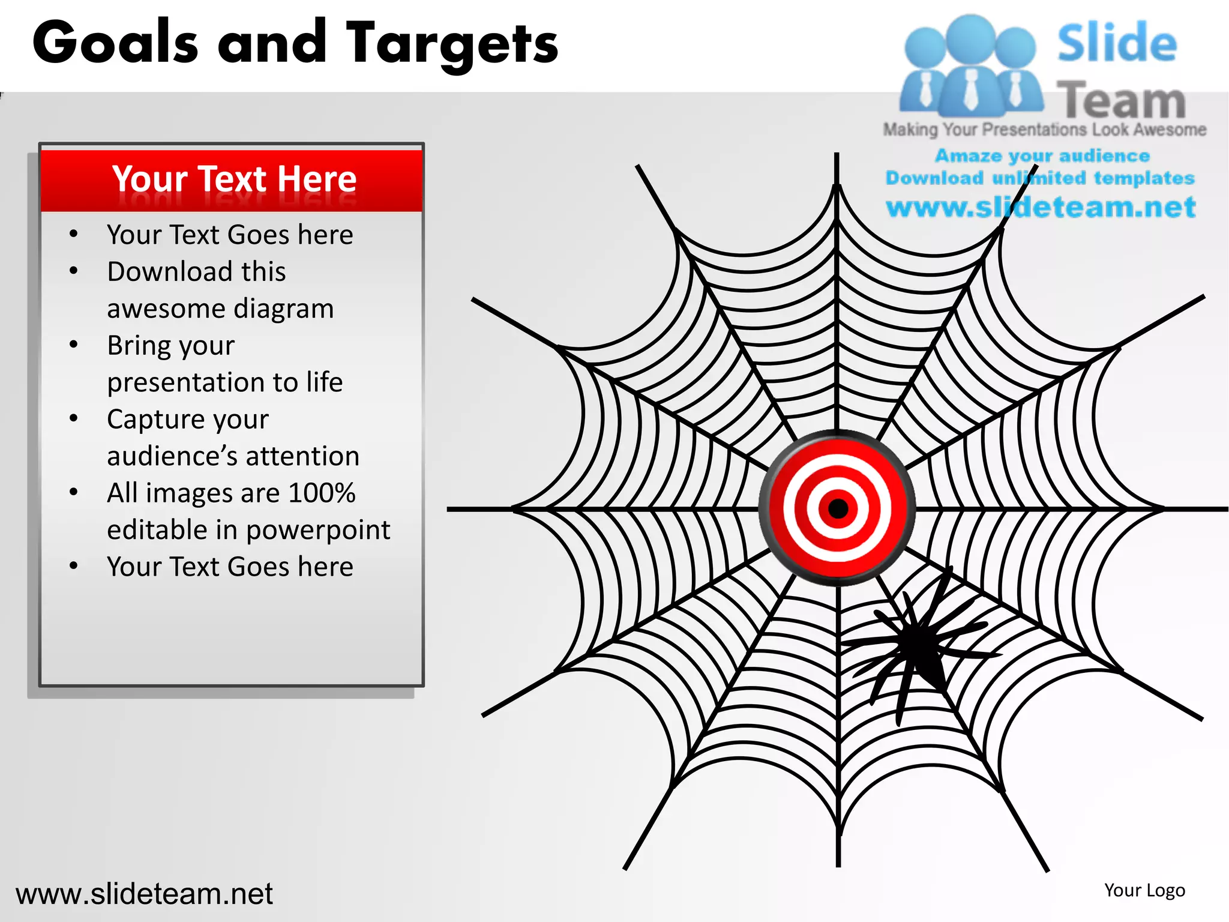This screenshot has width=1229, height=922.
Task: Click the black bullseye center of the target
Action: (x=838, y=509)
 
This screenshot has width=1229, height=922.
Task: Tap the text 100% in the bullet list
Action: (x=322, y=493)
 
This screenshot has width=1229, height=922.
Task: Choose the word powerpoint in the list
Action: (x=318, y=530)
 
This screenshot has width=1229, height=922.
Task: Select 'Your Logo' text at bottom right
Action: (x=1144, y=890)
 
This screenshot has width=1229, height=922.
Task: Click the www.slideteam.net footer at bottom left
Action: (x=144, y=894)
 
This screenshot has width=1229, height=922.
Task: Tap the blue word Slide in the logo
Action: (x=1116, y=43)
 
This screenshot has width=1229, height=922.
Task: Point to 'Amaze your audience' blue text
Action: (x=1042, y=156)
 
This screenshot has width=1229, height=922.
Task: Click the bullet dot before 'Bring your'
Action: (x=73, y=345)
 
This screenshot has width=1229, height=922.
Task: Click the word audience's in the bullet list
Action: (x=172, y=456)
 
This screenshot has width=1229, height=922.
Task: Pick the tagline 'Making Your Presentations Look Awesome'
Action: (x=1044, y=130)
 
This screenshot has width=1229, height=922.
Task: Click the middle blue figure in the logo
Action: (x=970, y=66)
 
